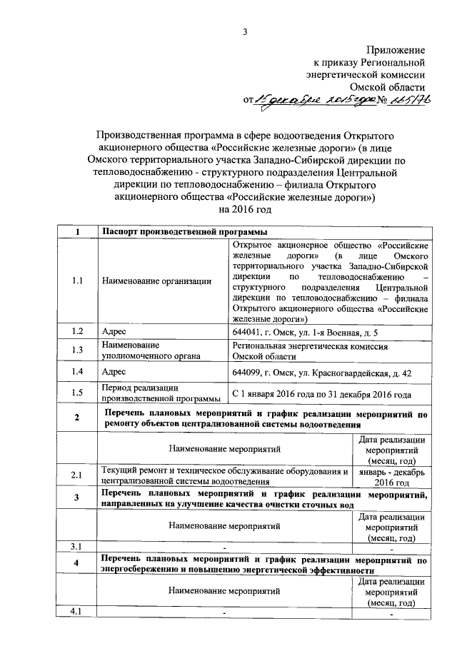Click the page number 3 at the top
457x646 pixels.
coord(245,30)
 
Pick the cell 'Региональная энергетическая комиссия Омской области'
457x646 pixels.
coord(310,350)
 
